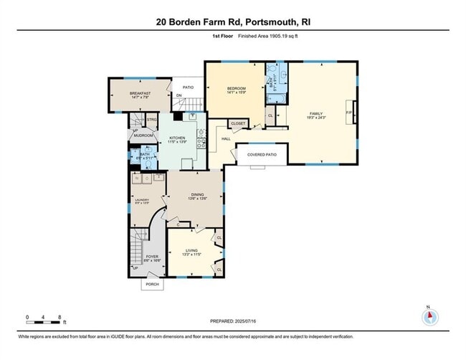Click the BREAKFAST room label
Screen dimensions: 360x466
[x=139, y=93]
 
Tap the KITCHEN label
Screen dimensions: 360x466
[x=177, y=138]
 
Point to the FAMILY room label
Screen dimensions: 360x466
[x=316, y=113]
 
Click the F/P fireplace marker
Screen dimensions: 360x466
[x=349, y=113]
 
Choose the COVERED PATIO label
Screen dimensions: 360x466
[x=262, y=154]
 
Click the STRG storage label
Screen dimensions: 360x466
[x=152, y=120]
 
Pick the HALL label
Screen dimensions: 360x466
[x=226, y=139]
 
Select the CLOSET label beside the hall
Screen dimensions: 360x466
[x=238, y=123]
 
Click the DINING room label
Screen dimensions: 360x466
[x=198, y=196]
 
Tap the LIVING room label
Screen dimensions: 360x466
[x=191, y=250]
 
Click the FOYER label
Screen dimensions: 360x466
[x=152, y=256]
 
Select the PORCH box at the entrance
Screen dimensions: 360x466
[x=152, y=284]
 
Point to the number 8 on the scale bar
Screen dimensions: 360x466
[x=60, y=316]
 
